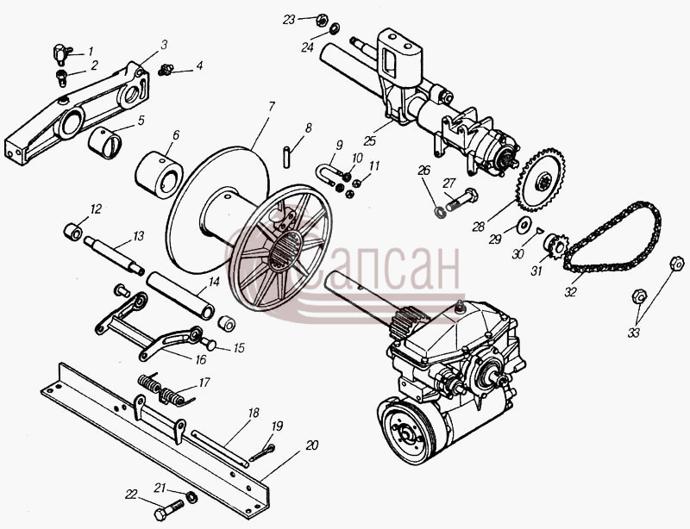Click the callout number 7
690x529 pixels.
pyautogui.click(x=271, y=107)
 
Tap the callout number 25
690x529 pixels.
pyautogui.click(x=370, y=140)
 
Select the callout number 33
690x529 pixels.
pyautogui.click(x=633, y=333)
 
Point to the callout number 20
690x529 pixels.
pyautogui.click(x=311, y=445)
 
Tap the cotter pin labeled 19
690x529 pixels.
pyautogui.click(x=262, y=453)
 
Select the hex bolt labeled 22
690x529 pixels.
pyautogui.click(x=169, y=510)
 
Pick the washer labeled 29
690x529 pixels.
pyautogui.click(x=524, y=225)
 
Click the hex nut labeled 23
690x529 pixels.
pyautogui.click(x=321, y=19)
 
